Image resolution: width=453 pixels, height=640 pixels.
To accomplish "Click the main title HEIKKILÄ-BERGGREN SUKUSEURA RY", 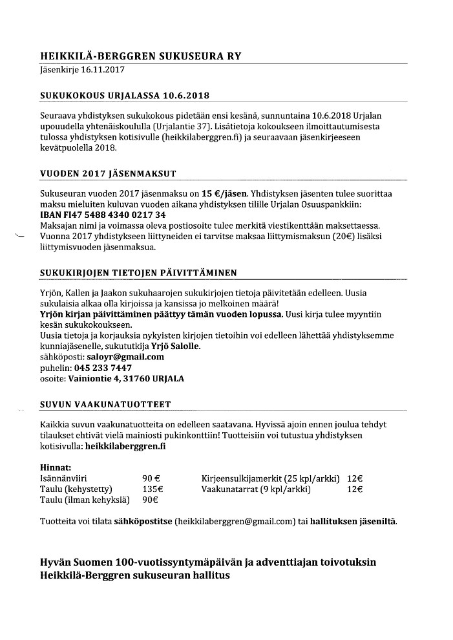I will (140, 56).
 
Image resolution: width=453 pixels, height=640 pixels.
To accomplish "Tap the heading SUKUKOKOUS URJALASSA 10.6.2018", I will (125, 96).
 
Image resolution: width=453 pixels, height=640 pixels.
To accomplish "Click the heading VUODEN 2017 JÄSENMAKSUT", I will (108, 174).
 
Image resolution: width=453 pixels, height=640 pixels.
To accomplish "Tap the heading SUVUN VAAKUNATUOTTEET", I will (105, 405).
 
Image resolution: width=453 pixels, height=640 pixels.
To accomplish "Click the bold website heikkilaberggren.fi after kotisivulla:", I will (124, 446).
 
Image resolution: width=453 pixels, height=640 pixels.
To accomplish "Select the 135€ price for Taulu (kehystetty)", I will (153, 489).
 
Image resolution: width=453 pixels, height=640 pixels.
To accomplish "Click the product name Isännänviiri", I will (63, 478).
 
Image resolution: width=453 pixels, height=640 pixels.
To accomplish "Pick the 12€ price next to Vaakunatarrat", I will (355, 489).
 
